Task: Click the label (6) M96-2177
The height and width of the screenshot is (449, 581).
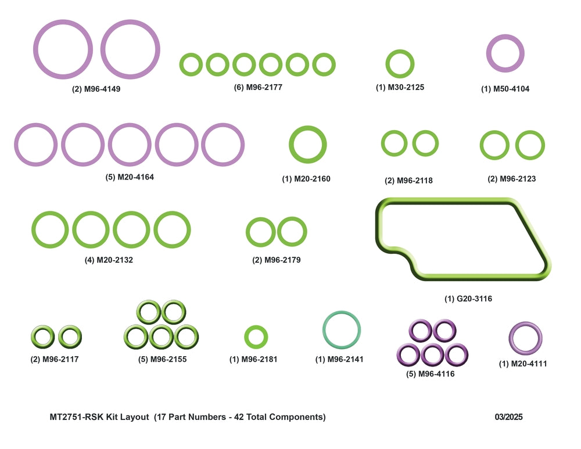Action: tap(258, 88)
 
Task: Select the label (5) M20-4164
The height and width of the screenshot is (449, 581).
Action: tap(130, 177)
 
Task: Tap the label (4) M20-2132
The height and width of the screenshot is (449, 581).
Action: tap(109, 260)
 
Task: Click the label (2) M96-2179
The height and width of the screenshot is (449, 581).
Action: tap(277, 260)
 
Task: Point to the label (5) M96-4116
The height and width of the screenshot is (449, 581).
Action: tap(430, 374)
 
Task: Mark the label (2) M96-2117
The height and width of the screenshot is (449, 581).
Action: tap(55, 359)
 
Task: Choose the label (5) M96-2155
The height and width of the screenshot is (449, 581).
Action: tap(162, 359)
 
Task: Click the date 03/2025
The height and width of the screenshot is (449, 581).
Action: tap(508, 417)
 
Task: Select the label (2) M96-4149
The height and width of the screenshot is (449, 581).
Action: tap(96, 89)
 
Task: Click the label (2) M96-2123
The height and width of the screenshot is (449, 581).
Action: tap(512, 179)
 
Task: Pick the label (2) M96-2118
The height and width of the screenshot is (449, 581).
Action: tap(408, 181)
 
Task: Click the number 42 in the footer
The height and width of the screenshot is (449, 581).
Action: tap(239, 417)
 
